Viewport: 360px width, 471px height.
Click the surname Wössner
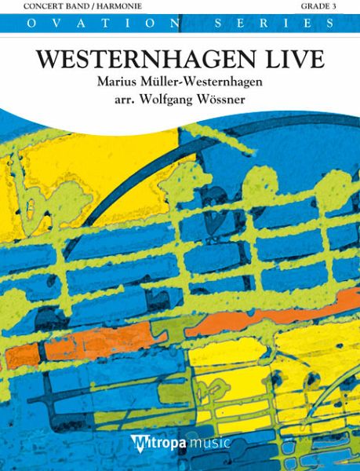pos(228,102)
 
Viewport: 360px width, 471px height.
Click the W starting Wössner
pos(206,102)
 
